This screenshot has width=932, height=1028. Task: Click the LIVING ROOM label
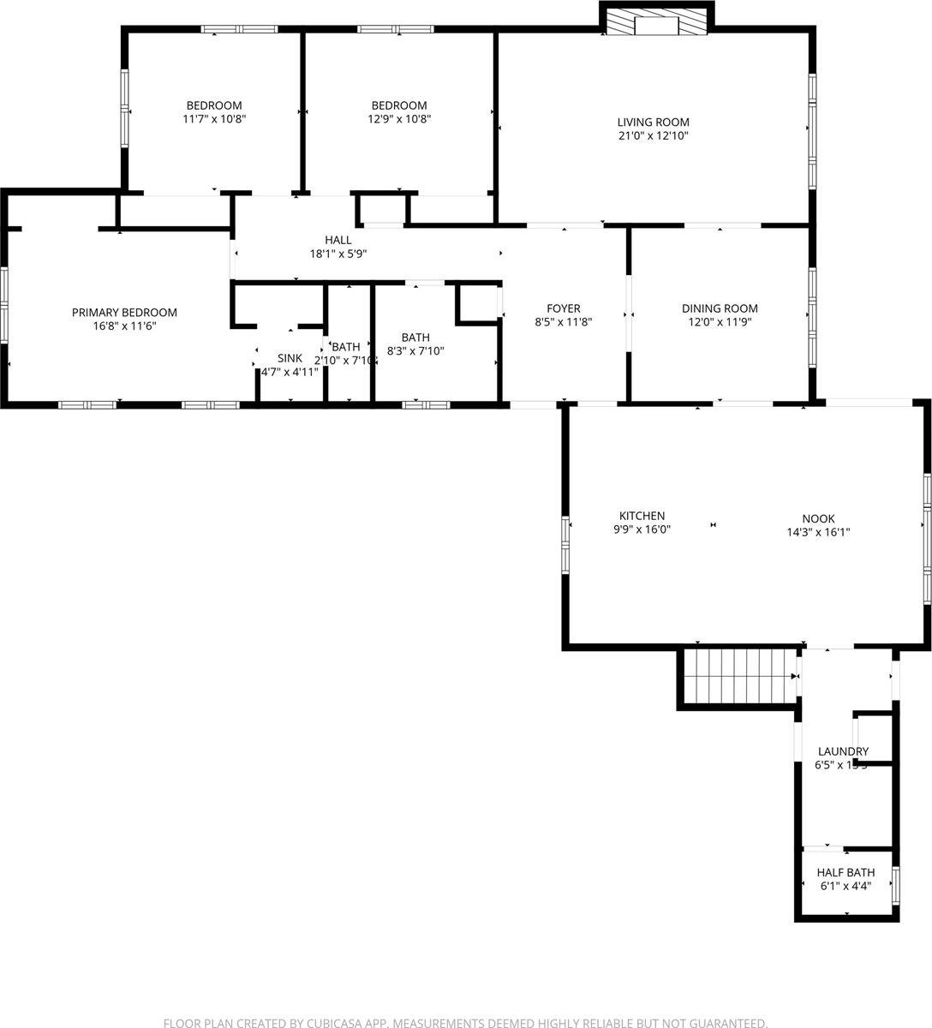pyautogui.click(x=654, y=122)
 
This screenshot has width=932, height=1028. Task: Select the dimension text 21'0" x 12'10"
pyautogui.click(x=654, y=135)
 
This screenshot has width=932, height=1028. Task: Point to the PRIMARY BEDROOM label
pyautogui.click(x=124, y=313)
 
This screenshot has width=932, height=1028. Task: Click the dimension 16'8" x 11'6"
pyautogui.click(x=124, y=326)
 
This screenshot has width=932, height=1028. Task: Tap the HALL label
pyautogui.click(x=338, y=240)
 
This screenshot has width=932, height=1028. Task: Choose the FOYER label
pyautogui.click(x=564, y=308)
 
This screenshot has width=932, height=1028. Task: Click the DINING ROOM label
pyautogui.click(x=720, y=308)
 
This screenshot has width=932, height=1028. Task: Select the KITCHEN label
pyautogui.click(x=642, y=516)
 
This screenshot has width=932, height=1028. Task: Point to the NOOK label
pyautogui.click(x=818, y=518)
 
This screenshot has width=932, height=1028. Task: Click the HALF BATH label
pyautogui.click(x=845, y=873)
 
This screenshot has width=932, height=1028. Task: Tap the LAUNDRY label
pyautogui.click(x=841, y=751)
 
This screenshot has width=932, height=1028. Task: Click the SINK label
pyautogui.click(x=290, y=357)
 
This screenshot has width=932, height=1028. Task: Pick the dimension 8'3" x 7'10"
pyautogui.click(x=415, y=350)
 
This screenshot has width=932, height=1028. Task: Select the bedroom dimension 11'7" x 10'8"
pyautogui.click(x=214, y=119)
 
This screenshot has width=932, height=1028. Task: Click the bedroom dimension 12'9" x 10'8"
pyautogui.click(x=399, y=119)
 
